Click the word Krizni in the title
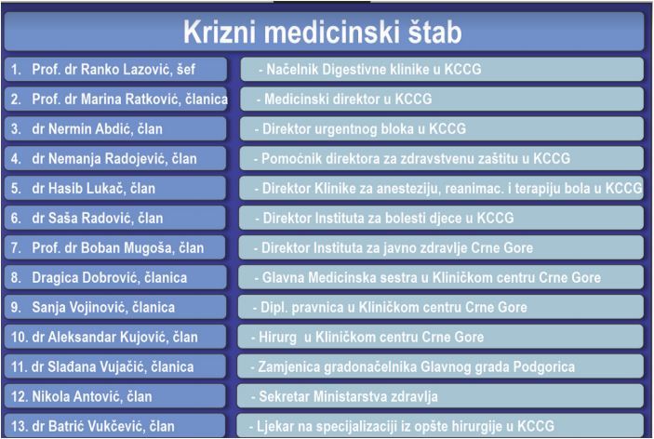click(220, 33)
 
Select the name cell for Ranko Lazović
click(115, 69)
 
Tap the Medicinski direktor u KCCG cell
click(442, 100)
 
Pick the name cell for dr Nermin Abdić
click(115, 129)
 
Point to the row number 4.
click(16, 159)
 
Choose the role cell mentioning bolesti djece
click(441, 218)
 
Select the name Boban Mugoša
click(127, 248)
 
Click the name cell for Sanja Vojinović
click(115, 307)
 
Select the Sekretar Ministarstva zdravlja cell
click(440, 396)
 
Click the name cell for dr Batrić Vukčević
click(114, 426)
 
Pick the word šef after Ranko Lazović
click(186, 69)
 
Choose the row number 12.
click(20, 396)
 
